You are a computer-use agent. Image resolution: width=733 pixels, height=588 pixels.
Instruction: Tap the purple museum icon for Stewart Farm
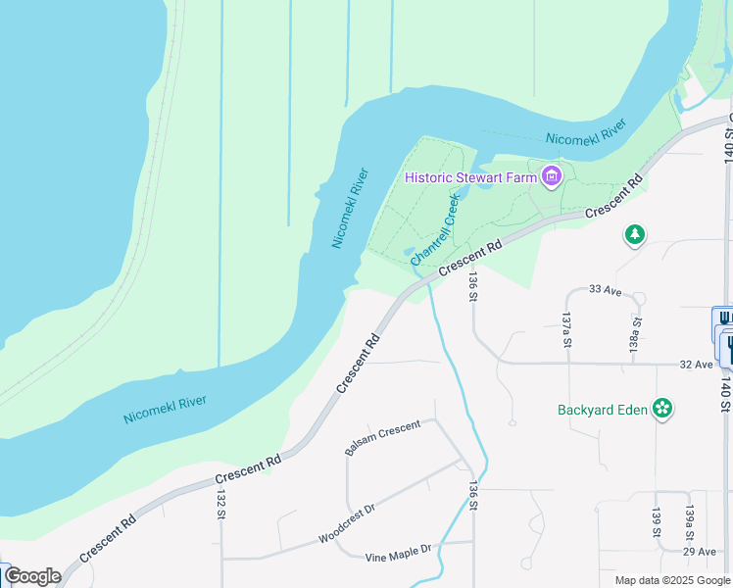click(x=551, y=177)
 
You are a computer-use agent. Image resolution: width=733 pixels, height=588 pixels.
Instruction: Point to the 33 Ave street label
click(x=606, y=290)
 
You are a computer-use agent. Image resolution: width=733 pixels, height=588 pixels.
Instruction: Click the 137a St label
click(x=566, y=330)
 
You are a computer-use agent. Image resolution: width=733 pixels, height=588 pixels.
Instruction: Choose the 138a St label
click(x=636, y=334)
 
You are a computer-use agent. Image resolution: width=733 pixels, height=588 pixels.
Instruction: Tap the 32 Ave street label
click(x=696, y=364)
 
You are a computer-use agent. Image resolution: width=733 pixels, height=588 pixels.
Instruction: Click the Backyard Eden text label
click(x=603, y=410)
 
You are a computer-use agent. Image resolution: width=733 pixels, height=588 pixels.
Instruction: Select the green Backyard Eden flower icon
click(x=663, y=409)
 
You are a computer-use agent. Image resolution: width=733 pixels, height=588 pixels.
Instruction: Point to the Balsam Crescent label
click(x=382, y=437)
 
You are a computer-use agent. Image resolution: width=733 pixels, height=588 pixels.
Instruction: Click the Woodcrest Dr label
click(x=347, y=525)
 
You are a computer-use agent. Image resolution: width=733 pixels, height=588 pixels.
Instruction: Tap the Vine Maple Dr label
click(x=398, y=556)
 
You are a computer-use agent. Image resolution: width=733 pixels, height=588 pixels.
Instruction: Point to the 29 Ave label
click(x=699, y=552)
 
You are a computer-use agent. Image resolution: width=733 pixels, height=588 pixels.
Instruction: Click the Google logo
click(x=33, y=576)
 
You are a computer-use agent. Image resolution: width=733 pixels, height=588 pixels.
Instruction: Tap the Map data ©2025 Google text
click(x=672, y=580)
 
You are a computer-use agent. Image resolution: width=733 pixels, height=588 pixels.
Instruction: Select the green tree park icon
click(x=635, y=235)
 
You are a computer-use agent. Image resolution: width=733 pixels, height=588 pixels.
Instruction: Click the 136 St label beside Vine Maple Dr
click(x=473, y=495)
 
